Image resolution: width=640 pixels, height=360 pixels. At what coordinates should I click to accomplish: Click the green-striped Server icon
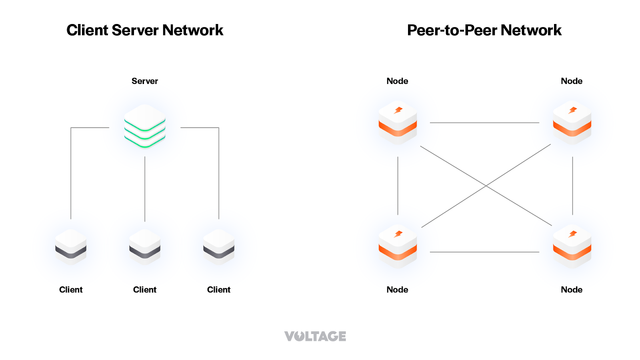coord(145,126)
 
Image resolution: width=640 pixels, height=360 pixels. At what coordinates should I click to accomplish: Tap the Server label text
coord(145,81)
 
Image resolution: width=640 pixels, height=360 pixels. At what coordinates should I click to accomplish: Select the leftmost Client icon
coord(71,246)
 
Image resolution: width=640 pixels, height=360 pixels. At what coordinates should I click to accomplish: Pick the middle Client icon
coord(145,246)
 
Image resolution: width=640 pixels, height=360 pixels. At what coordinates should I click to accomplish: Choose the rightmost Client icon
coord(219,246)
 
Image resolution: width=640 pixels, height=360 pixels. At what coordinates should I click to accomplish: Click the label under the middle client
coord(145,290)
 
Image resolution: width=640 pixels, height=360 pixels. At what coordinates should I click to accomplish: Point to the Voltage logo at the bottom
coord(315,336)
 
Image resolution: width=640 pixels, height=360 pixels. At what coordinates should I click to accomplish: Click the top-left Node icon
coord(398,122)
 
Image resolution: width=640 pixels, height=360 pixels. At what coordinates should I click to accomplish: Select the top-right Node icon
coord(572,122)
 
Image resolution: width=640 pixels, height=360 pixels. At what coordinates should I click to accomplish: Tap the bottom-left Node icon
coord(398,246)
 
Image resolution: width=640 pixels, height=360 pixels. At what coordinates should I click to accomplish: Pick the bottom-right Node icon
coord(572,246)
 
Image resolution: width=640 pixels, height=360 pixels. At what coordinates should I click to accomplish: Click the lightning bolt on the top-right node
coord(573,110)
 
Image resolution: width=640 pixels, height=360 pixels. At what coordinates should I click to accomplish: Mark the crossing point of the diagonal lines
coord(486,186)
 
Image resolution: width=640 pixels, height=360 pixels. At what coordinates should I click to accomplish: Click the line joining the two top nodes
coord(484,123)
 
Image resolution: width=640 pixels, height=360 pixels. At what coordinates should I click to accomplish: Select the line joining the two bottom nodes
coord(484,252)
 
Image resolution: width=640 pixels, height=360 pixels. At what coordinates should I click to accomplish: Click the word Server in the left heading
coord(135,30)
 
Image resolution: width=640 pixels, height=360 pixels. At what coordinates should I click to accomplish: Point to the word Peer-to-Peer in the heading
coord(452,30)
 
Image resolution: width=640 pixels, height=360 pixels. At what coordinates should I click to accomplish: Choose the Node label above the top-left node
coord(397,81)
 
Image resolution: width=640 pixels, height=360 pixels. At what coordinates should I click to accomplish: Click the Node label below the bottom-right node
coord(572,290)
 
